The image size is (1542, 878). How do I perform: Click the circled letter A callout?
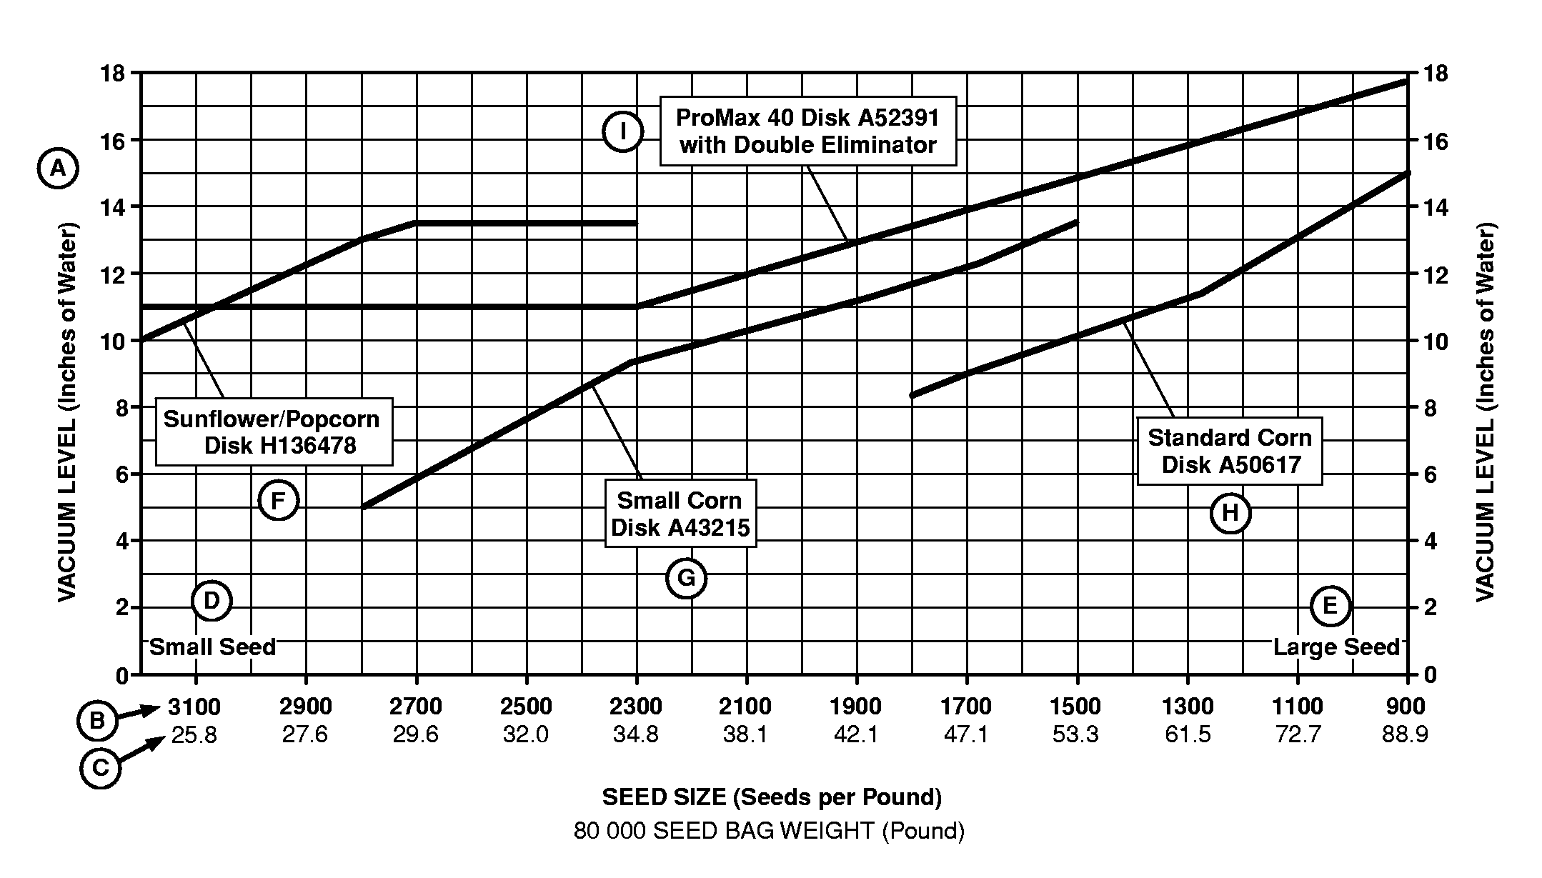[x=57, y=169]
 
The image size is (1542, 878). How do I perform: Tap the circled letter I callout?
[x=622, y=132]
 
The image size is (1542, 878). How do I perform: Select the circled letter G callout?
[x=686, y=578]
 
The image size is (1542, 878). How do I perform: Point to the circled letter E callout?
[x=1330, y=607]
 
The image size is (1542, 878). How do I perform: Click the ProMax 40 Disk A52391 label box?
[x=807, y=131]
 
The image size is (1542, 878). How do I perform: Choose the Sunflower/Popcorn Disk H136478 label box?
[x=274, y=431]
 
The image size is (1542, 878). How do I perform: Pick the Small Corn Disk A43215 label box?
[x=680, y=514]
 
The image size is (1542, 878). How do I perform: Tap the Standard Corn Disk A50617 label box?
[x=1230, y=451]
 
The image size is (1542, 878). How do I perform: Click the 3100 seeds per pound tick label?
[x=194, y=707]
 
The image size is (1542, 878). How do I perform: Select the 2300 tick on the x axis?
[x=636, y=707]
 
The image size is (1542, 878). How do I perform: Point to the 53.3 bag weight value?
[x=1075, y=734]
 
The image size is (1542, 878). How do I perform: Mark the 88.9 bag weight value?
[x=1405, y=734]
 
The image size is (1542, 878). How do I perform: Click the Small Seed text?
[x=212, y=647]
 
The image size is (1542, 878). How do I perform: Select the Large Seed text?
[x=1336, y=647]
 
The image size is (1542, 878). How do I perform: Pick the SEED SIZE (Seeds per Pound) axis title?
[x=772, y=797]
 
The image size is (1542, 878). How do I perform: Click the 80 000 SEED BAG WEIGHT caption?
[x=769, y=831]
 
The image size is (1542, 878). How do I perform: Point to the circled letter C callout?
[x=101, y=769]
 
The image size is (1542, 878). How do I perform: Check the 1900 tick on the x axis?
[x=856, y=707]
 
